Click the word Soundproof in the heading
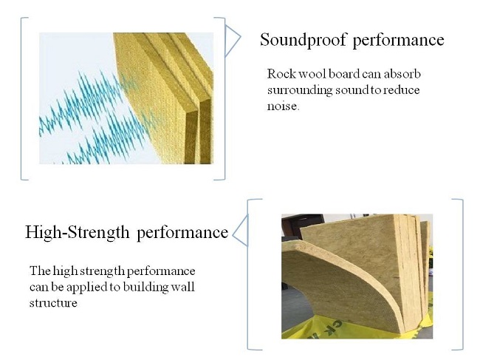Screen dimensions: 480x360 point(304,40)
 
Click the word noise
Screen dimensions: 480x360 point(283,106)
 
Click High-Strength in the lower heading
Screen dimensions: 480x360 point(77,232)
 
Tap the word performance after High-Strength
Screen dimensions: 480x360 point(182,233)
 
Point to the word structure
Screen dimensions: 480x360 point(53,303)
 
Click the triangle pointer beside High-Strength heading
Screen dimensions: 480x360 point(240,231)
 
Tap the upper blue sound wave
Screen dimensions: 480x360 point(89,101)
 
